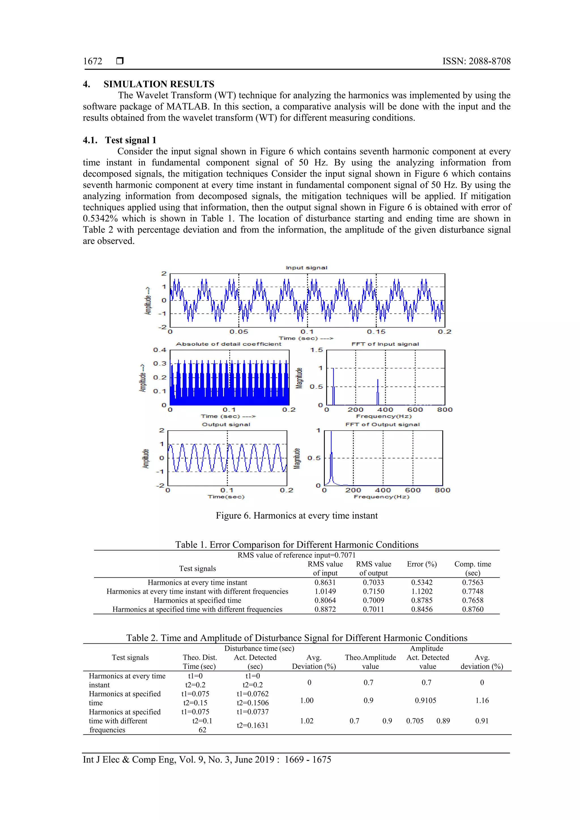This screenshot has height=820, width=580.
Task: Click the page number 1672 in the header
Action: (x=93, y=61)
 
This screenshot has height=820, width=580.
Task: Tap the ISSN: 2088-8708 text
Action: (x=476, y=61)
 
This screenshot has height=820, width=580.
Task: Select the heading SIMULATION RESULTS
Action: (x=159, y=84)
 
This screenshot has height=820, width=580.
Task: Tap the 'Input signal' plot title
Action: (x=306, y=268)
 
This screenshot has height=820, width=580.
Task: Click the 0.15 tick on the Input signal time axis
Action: (x=376, y=332)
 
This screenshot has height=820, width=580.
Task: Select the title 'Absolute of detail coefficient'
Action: (x=229, y=344)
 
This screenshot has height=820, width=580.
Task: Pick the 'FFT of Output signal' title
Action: (x=383, y=425)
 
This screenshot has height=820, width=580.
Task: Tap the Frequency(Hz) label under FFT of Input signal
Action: (x=384, y=417)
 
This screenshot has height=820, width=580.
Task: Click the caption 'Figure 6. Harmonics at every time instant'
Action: (x=297, y=516)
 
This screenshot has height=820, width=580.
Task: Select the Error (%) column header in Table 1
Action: (x=422, y=564)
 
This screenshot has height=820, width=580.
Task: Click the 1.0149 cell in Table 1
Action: (x=325, y=591)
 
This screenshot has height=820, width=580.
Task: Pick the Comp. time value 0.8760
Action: (x=472, y=609)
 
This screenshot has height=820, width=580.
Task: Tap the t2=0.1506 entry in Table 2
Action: (x=253, y=703)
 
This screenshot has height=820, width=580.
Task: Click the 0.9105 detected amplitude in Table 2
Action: (x=425, y=700)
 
